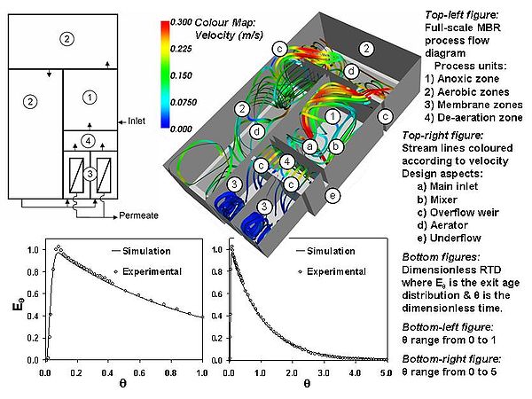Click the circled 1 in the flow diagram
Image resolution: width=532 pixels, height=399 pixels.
point(87,95)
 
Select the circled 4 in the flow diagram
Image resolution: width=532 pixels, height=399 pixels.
point(87,140)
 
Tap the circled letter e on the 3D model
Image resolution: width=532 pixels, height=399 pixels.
point(332,195)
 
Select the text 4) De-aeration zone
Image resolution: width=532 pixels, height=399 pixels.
point(468,116)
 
